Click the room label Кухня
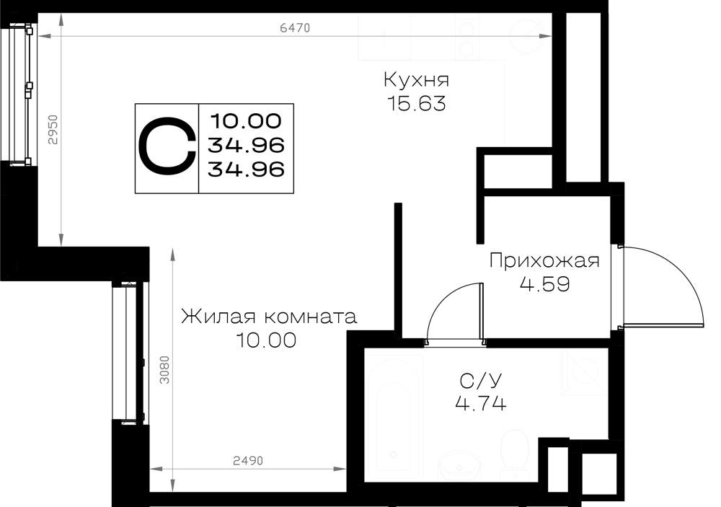pyautogui.click(x=416, y=80)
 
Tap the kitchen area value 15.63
pyautogui.click(x=417, y=104)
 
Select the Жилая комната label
pyautogui.click(x=269, y=317)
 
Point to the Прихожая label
pyautogui.click(x=544, y=260)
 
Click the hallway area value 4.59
pyautogui.click(x=545, y=284)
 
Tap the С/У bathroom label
pyautogui.click(x=481, y=381)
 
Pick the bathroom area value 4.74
pyautogui.click(x=481, y=403)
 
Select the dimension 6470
pyautogui.click(x=295, y=28)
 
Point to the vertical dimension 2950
pyautogui.click(x=53, y=130)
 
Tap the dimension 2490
pyautogui.click(x=248, y=461)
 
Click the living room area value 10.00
pyautogui.click(x=266, y=340)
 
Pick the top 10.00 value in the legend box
pyautogui.click(x=247, y=121)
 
